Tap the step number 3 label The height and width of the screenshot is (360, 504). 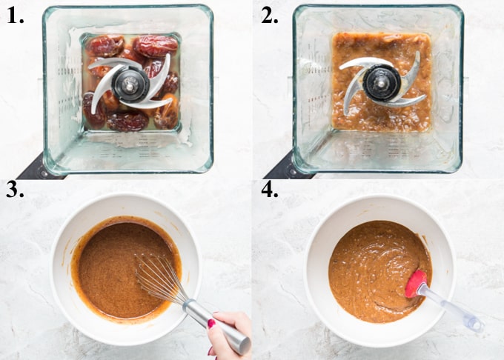point(16,194)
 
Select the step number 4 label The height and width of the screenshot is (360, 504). point(268,194)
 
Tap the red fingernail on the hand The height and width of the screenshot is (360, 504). point(212,324)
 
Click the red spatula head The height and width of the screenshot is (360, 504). point(415,282)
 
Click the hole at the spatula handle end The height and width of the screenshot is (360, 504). point(471,324)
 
